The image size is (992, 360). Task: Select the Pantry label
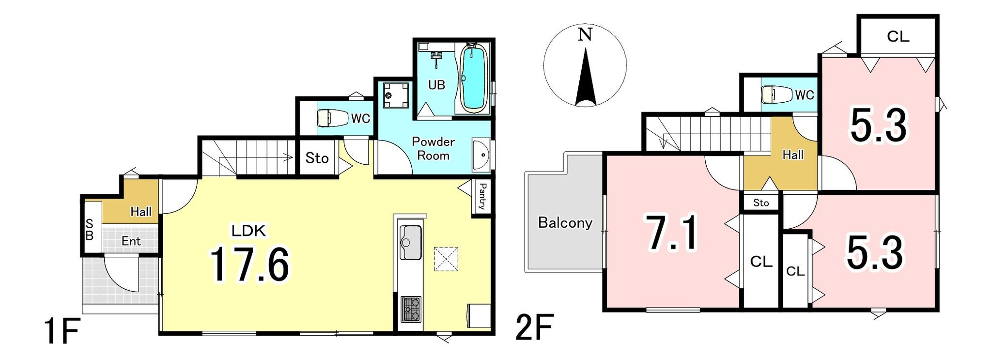pos(482,196)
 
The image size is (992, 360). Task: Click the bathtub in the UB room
pos(473,78)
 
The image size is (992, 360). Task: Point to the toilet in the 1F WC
pos(333,118)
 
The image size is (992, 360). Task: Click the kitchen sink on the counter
pos(410,242)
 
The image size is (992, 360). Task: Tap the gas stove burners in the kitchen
pos(411,309)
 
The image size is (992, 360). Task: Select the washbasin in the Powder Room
pos(481,155)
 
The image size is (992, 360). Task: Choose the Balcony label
pos(565,222)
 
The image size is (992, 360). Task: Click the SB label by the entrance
pos(90,230)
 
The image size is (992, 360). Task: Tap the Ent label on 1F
pos(131,241)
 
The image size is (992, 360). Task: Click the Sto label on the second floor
pos(761,203)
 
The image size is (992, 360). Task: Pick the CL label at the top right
pos(898,36)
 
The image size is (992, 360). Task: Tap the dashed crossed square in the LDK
pos(446,259)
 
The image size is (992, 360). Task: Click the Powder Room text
pos(433,148)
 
